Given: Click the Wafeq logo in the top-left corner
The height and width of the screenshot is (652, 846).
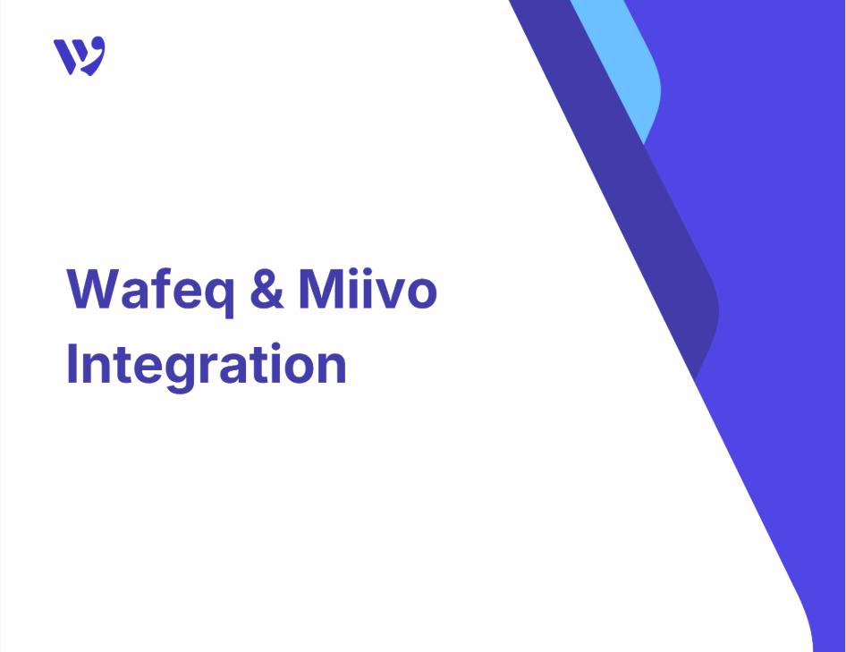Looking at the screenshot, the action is [x=80, y=55].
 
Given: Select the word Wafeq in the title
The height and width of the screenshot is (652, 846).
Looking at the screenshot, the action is [x=150, y=292].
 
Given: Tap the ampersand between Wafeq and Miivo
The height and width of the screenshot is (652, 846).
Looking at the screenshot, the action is [x=267, y=289].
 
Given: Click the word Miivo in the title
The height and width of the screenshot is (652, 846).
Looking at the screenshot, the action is [x=368, y=289].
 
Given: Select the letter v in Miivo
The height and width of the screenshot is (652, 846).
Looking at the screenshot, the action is [x=385, y=293].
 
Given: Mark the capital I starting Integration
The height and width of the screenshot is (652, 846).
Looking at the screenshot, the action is [x=72, y=363].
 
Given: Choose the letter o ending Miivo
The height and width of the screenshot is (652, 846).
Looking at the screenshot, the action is [x=420, y=293].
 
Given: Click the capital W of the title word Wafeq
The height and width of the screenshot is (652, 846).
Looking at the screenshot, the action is [x=93, y=289].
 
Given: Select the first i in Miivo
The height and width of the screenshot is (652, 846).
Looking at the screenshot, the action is [x=351, y=289].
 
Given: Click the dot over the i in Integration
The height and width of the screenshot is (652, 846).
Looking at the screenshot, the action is [x=275, y=346].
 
